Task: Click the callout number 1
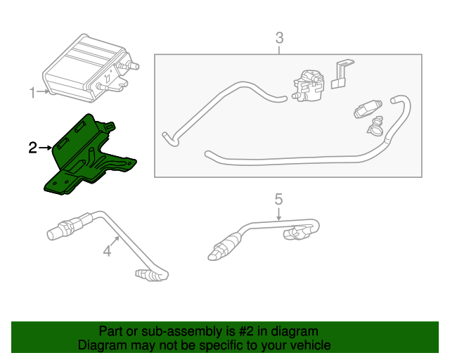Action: [32, 93]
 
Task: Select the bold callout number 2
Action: [32, 148]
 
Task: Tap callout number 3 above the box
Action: [279, 37]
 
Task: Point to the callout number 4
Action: [108, 250]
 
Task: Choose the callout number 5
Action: [278, 198]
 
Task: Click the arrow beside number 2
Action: [46, 148]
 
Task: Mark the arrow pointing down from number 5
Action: [278, 213]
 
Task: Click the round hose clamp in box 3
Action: [375, 126]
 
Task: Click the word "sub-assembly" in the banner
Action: [163, 331]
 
